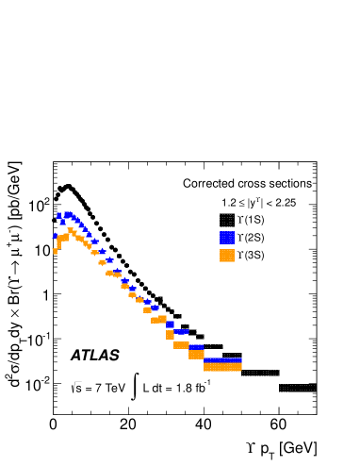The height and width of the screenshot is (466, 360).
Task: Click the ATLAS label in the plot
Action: coord(95,356)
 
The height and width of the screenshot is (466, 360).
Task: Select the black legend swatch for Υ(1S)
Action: coord(227,220)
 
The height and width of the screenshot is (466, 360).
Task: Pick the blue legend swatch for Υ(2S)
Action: coord(227,238)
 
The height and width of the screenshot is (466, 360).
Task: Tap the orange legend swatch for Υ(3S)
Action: coord(227,256)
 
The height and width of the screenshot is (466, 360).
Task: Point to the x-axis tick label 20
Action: coord(128,424)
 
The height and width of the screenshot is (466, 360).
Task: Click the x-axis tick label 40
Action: coord(204,424)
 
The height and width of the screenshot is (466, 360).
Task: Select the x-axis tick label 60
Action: coord(278,424)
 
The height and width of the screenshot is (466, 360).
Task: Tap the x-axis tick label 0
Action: coord(53,424)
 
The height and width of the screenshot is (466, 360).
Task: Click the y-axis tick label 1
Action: coord(46,295)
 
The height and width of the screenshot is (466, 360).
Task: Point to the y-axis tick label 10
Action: coord(41,251)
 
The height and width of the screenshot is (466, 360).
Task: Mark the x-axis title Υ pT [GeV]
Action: coord(282,448)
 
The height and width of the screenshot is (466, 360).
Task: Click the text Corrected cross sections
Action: coord(247,183)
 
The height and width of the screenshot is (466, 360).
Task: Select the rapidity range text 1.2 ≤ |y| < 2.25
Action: coord(259,203)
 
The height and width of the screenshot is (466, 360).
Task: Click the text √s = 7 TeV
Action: coord(98,388)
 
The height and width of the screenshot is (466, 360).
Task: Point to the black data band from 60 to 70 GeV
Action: coord(298,388)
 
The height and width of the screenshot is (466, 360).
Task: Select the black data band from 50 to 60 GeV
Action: coord(260,373)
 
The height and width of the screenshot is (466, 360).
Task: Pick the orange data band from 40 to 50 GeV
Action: coord(222,367)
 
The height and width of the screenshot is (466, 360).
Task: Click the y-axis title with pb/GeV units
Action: coord(14,275)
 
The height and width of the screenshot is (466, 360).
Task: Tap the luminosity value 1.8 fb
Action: coord(193,388)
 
